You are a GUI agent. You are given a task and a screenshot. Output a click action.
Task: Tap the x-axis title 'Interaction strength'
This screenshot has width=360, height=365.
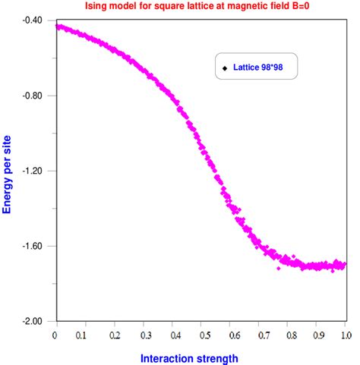(x=201, y=358)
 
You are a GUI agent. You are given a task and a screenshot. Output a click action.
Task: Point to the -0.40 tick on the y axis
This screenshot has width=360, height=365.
(x=31, y=20)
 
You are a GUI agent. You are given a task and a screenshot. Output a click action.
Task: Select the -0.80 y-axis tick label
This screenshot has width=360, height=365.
(x=31, y=96)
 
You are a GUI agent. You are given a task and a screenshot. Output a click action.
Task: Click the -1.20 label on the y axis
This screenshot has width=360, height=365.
(x=31, y=171)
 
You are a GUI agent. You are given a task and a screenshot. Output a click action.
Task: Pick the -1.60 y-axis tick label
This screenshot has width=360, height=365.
(x=31, y=246)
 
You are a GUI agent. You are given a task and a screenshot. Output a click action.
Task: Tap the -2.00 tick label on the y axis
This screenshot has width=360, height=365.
(x=31, y=321)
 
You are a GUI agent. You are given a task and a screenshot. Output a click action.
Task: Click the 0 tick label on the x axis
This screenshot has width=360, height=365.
(x=55, y=334)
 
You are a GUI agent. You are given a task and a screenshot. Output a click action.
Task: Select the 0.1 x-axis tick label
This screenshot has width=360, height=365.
(x=84, y=334)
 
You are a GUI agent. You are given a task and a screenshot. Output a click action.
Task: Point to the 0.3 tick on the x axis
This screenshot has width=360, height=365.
(x=143, y=334)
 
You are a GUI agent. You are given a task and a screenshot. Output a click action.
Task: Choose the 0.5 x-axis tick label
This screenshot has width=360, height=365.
(x=201, y=334)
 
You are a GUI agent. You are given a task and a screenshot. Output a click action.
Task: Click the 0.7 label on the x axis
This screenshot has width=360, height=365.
(x=259, y=334)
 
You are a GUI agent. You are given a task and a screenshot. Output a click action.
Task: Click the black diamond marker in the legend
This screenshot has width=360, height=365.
(x=225, y=69)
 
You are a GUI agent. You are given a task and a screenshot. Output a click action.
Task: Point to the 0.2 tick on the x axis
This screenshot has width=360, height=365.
(x=114, y=334)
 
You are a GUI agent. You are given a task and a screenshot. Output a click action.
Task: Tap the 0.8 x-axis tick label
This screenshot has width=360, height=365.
(x=288, y=334)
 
